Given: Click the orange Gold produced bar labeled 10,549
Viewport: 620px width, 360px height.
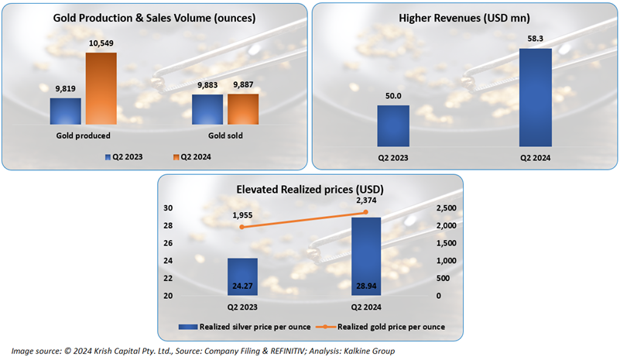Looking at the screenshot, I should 101,88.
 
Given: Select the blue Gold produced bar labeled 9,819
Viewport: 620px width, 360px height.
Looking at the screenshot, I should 65,111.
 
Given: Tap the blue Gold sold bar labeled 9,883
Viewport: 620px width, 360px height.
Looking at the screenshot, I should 207,109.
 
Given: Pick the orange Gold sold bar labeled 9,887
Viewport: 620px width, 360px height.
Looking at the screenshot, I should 243,109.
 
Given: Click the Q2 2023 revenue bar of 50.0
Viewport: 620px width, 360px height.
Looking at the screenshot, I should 393,125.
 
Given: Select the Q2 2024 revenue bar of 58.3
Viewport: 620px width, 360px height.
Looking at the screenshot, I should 536,98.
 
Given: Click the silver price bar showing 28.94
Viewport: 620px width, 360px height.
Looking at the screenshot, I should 366,256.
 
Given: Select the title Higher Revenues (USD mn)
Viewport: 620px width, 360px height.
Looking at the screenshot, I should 464,17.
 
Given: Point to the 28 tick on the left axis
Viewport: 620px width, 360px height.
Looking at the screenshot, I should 167,225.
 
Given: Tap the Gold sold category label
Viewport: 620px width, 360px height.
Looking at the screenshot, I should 225,136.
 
